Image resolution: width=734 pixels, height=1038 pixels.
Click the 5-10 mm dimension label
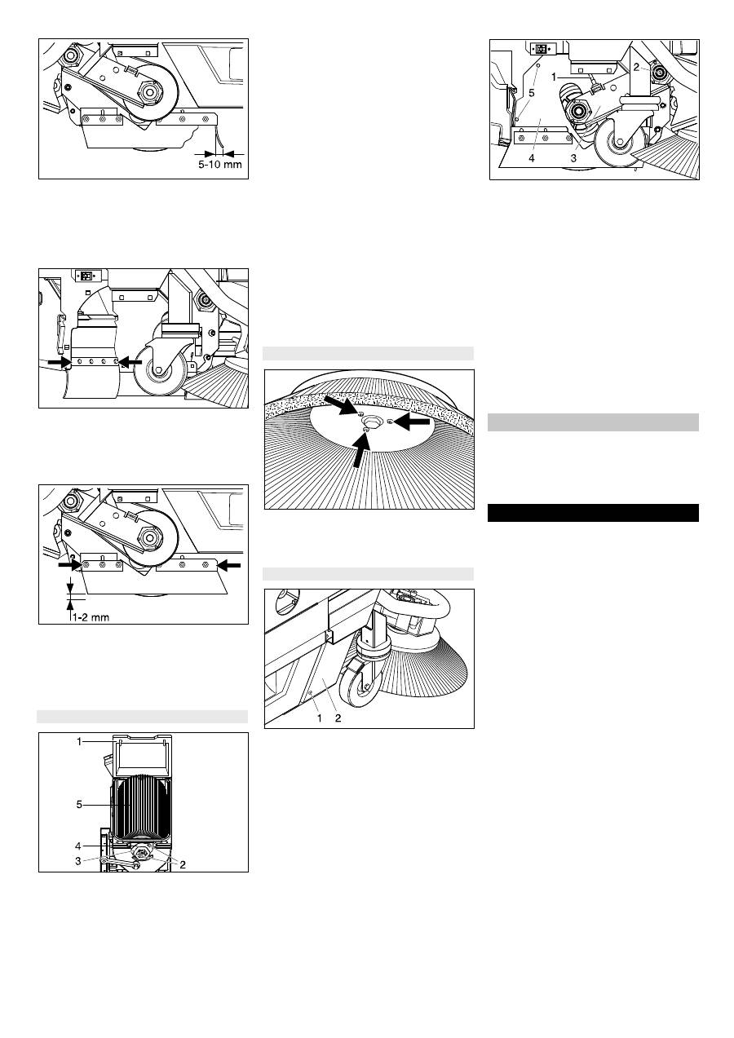(220, 165)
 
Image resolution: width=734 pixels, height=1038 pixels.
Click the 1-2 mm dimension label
(91, 617)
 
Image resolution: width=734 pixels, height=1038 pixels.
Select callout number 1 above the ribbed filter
(79, 741)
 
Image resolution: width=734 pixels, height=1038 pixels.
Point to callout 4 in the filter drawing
(79, 846)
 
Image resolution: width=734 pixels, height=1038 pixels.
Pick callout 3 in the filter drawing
(78, 860)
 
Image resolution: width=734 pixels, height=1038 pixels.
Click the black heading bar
(593, 513)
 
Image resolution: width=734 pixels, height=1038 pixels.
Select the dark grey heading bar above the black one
(593, 422)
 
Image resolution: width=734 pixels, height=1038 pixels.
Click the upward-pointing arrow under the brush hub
(361, 448)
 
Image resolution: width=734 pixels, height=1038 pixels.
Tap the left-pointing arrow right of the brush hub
(413, 422)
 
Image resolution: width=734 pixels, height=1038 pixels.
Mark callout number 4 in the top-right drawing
(532, 158)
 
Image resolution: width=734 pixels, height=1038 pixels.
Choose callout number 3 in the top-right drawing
(573, 158)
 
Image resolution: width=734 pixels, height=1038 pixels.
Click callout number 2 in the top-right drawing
(636, 67)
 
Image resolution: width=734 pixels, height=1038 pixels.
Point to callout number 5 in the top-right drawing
(532, 93)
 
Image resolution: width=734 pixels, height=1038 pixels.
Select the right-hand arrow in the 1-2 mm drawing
(230, 565)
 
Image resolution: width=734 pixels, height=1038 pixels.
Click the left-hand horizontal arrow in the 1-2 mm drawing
(70, 565)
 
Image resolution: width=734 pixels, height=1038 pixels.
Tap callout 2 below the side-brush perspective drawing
(338, 718)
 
